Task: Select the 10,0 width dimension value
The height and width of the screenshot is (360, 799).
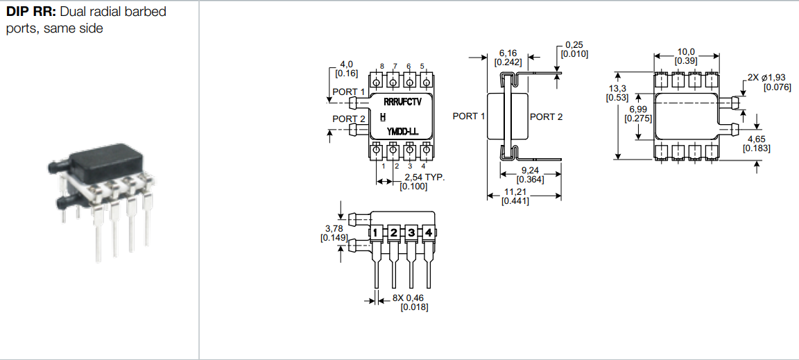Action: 686,52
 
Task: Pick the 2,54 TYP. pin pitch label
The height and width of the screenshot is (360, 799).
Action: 425,178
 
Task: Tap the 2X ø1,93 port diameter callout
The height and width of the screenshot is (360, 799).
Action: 766,78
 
